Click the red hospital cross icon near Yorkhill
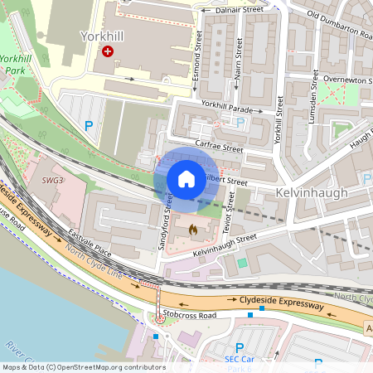point(107,51)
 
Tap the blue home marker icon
point(186,179)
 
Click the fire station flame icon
point(192,228)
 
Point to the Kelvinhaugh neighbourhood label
point(310,192)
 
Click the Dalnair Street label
point(239,9)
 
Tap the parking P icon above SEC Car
point(240,348)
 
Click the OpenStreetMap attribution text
point(84,367)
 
